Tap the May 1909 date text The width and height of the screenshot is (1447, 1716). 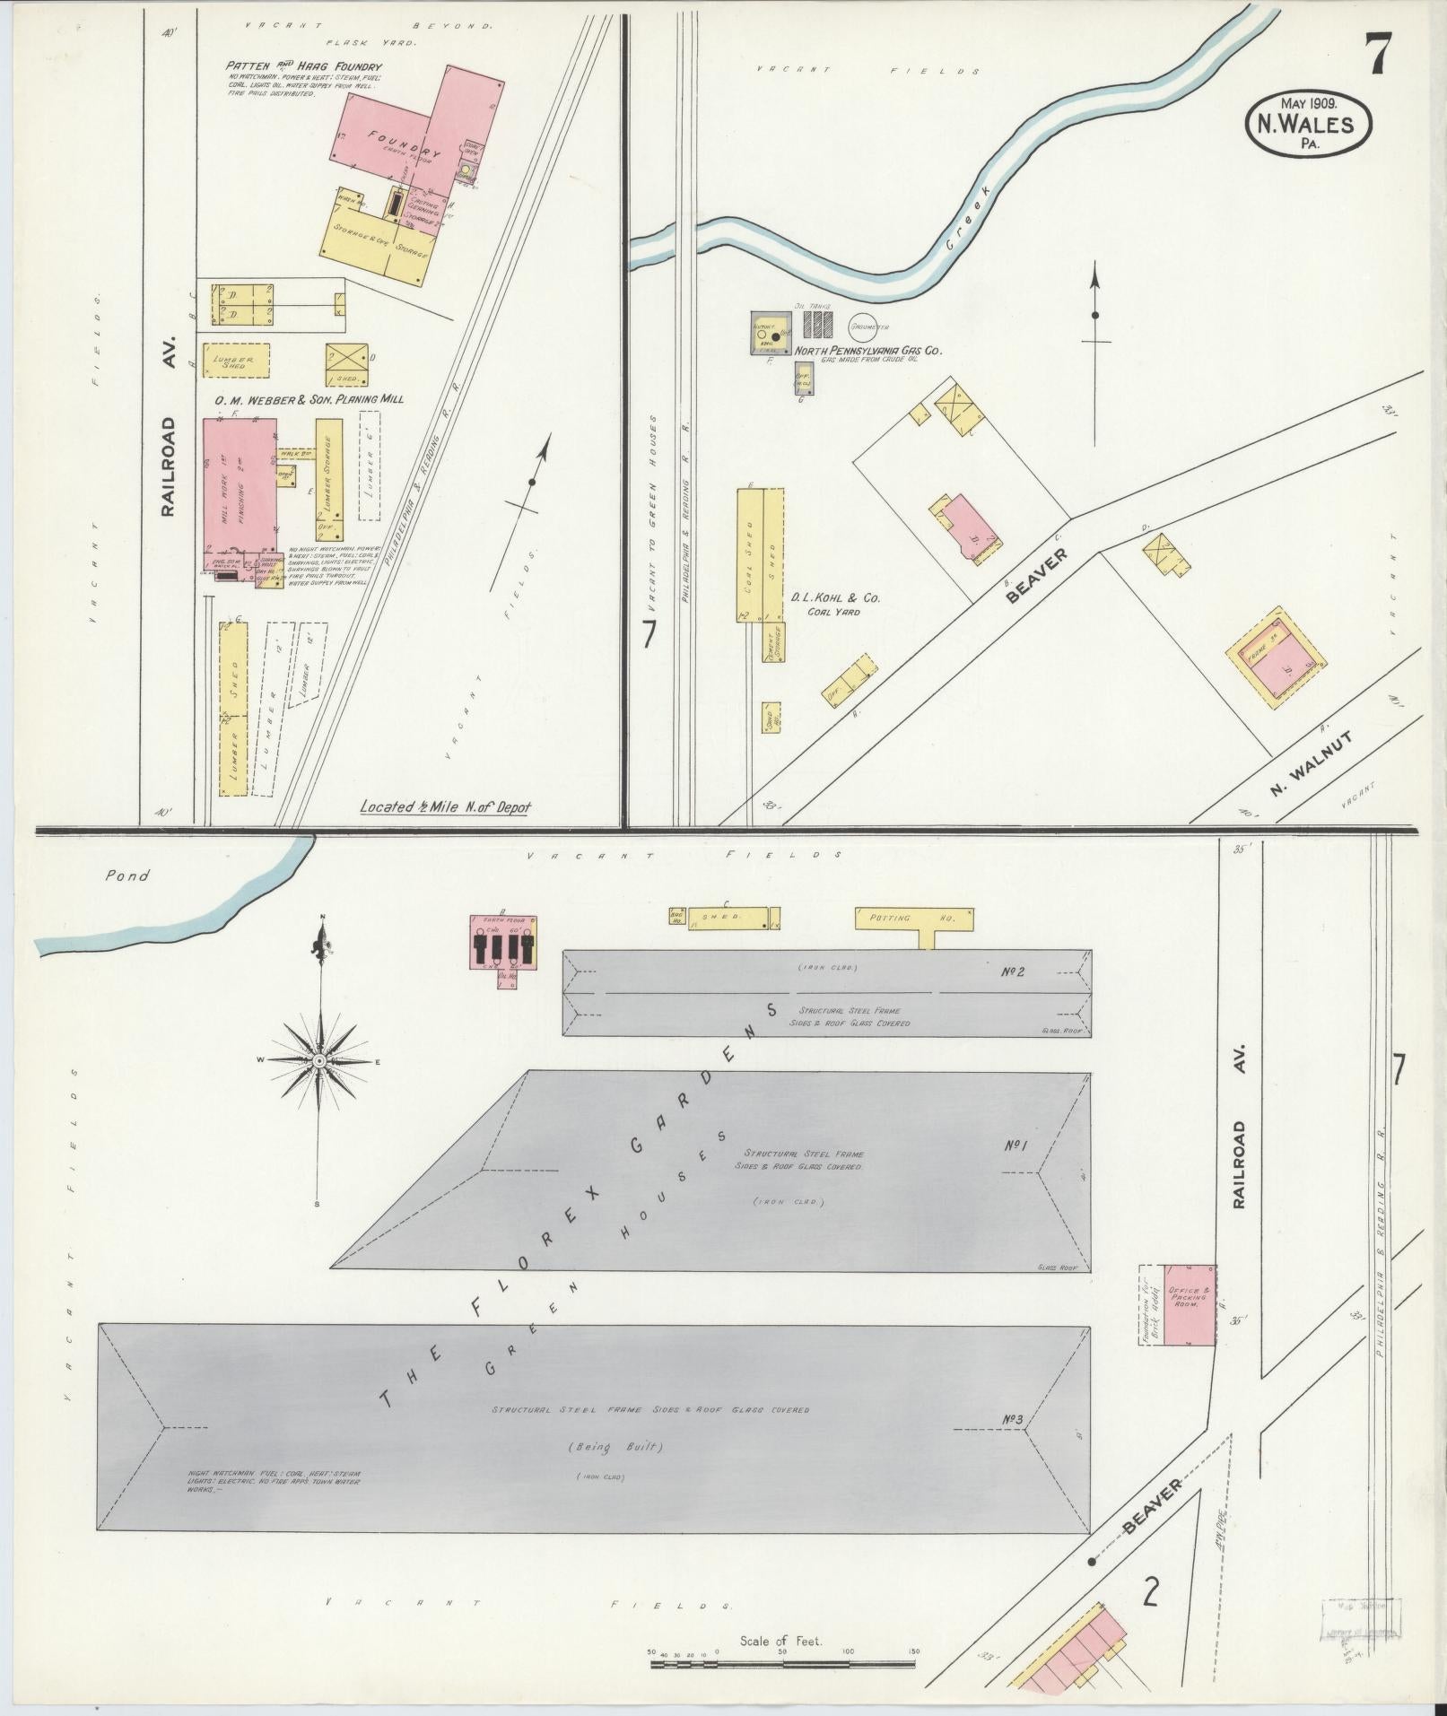pos(1309,103)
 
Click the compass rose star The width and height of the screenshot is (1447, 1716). pos(318,1060)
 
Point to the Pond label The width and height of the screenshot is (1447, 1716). pos(126,875)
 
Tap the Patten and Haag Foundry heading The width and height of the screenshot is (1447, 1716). pos(305,67)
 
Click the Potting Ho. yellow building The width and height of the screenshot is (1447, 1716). pos(913,919)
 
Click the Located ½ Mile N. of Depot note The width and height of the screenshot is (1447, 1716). pos(445,806)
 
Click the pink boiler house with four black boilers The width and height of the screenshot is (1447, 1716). pos(503,943)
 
